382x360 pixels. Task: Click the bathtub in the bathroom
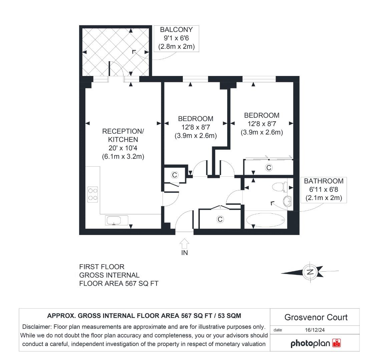pyautogui.click(x=266, y=220)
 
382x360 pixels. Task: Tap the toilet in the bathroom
pyautogui.click(x=279, y=187)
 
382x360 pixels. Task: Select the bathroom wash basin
pyautogui.click(x=287, y=201)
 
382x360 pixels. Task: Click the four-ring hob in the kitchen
pyautogui.click(x=93, y=194)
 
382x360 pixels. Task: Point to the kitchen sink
pyautogui.click(x=116, y=220)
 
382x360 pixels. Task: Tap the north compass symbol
pyautogui.click(x=310, y=272)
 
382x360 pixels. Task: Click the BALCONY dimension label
pyautogui.click(x=176, y=38)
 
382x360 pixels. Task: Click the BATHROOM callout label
pyautogui.click(x=324, y=189)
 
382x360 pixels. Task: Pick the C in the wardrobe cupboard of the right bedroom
pyautogui.click(x=269, y=167)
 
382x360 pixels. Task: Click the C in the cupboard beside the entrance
pyautogui.click(x=220, y=219)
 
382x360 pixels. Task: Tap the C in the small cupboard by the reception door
pyautogui.click(x=174, y=175)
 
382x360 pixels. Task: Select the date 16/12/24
pyautogui.click(x=315, y=330)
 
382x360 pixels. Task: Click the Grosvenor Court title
pyautogui.click(x=316, y=317)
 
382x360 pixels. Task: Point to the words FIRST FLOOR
pyautogui.click(x=101, y=267)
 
